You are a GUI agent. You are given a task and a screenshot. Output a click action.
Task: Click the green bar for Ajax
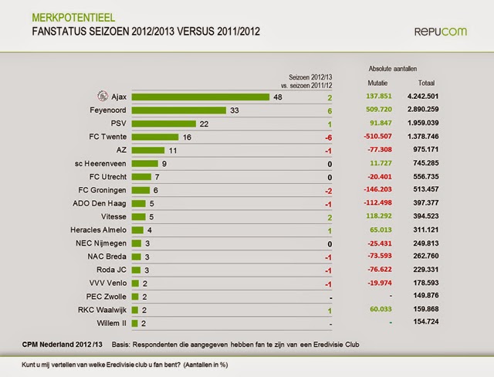pos(200,97)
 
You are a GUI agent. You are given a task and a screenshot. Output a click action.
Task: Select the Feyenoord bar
pos(178,110)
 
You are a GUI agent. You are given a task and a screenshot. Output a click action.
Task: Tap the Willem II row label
pos(111,323)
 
